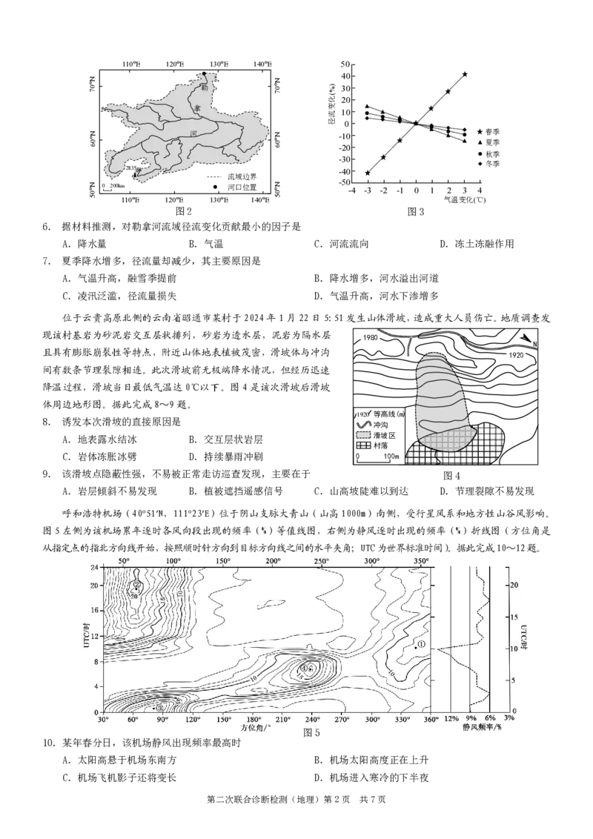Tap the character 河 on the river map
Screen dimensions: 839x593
coord(193,134)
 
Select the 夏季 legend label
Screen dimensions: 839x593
coord(492,142)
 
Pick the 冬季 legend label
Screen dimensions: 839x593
coord(492,163)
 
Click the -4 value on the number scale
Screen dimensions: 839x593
coord(351,190)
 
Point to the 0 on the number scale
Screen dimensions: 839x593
coord(417,190)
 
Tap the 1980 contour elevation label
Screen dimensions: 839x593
coord(371,338)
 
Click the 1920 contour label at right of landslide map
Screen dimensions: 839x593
coord(517,356)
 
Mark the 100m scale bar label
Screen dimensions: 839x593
coord(391,457)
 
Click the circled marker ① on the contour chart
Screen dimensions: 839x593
coord(421,645)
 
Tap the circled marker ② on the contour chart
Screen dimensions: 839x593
coord(136,584)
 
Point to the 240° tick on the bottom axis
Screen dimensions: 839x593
coord(312,719)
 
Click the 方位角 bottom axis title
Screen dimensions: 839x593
coord(255,729)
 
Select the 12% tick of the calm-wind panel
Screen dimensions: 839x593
coord(451,719)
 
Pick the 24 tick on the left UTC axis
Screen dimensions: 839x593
coord(95,568)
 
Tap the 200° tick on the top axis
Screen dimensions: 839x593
coord(273,561)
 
